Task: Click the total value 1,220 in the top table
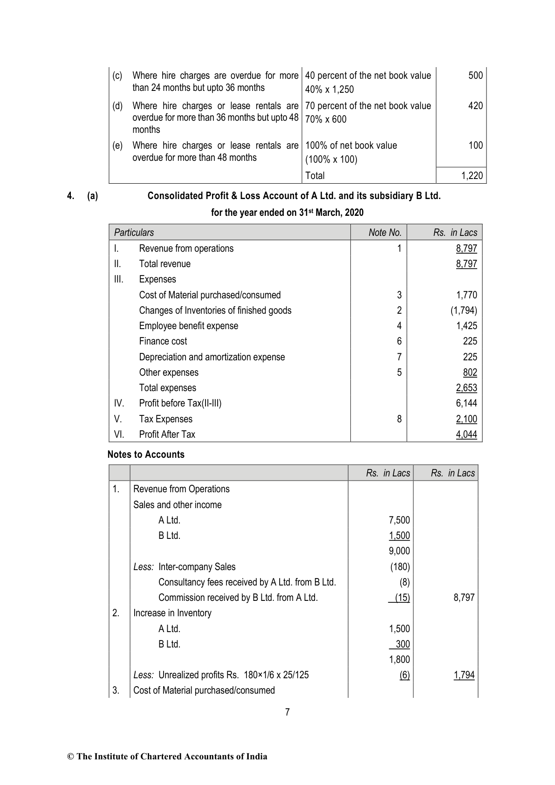[x=472, y=176]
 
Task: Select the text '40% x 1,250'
[x=329, y=90]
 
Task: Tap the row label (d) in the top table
[x=117, y=106]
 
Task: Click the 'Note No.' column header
[x=384, y=232]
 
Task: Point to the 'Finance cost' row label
[x=163, y=341]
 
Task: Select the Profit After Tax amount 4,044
[x=466, y=434]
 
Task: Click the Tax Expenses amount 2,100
[x=466, y=419]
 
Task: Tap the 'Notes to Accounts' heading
[x=146, y=454]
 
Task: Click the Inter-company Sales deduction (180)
[x=400, y=567]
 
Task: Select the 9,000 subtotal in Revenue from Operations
[x=399, y=551]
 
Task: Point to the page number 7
[x=287, y=712]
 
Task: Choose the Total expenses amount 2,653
[x=466, y=388]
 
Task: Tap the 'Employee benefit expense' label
[x=188, y=326]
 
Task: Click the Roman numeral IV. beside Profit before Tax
[x=119, y=403]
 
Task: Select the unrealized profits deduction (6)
[x=404, y=675]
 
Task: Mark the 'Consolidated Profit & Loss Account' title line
[x=294, y=196]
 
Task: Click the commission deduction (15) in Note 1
[x=402, y=598]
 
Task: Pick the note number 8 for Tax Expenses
[x=399, y=419]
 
